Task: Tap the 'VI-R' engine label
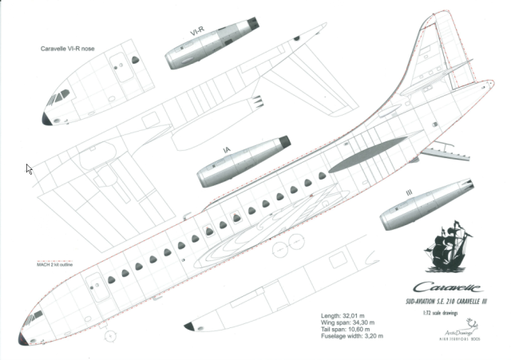(x=196, y=30)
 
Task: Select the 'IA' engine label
(x=227, y=149)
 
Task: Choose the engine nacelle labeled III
(x=422, y=208)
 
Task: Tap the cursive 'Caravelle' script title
(x=450, y=287)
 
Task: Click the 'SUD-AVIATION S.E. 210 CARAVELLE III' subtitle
(x=448, y=303)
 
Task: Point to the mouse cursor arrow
(x=30, y=168)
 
